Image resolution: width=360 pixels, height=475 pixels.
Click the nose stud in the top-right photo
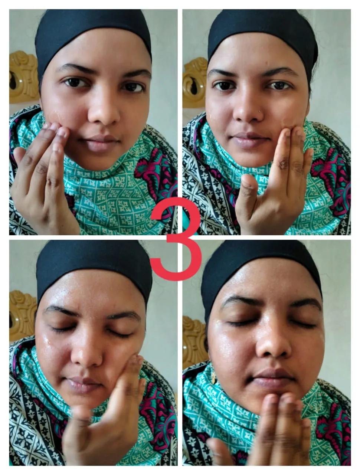260,112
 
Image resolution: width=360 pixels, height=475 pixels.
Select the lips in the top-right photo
249,140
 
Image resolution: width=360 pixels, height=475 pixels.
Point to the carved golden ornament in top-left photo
23,77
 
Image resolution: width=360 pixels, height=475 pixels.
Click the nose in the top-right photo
248,108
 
